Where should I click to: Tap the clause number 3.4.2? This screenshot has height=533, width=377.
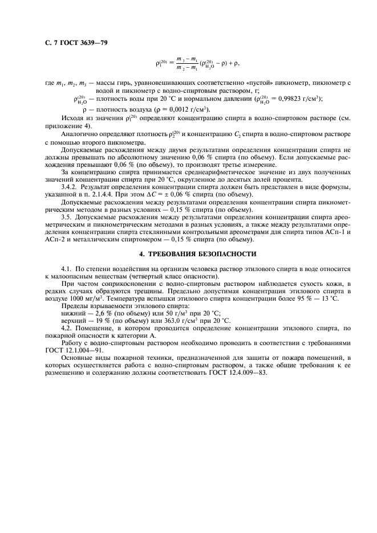click(71, 187)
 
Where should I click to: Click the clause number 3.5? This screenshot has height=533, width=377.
click(67, 217)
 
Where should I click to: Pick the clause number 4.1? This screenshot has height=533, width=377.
click(67, 268)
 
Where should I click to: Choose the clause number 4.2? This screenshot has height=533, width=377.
click(67, 329)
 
